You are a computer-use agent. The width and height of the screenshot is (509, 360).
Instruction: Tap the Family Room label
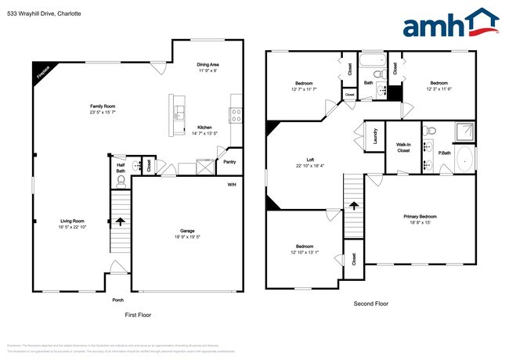pyautogui.click(x=103, y=109)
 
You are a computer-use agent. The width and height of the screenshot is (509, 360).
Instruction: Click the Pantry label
pyautogui.click(x=229, y=162)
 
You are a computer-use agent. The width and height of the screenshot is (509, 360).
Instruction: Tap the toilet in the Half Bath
pyautogui.click(x=121, y=180)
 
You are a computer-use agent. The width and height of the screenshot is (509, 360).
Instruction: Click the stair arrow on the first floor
pyautogui.click(x=121, y=221)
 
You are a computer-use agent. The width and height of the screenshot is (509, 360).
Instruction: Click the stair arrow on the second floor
pyautogui.click(x=353, y=206)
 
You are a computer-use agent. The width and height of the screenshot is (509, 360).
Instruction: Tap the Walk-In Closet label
pyautogui.click(x=403, y=147)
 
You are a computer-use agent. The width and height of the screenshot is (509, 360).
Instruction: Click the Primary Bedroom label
pyautogui.click(x=420, y=218)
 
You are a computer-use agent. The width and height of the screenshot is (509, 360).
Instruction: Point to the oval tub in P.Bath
pyautogui.click(x=463, y=160)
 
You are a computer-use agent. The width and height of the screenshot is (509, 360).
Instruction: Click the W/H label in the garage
pyautogui.click(x=232, y=185)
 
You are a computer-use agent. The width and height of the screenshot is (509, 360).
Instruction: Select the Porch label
pyautogui.click(x=119, y=299)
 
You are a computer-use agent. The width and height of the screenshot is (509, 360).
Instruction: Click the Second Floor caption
pyautogui.click(x=372, y=304)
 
